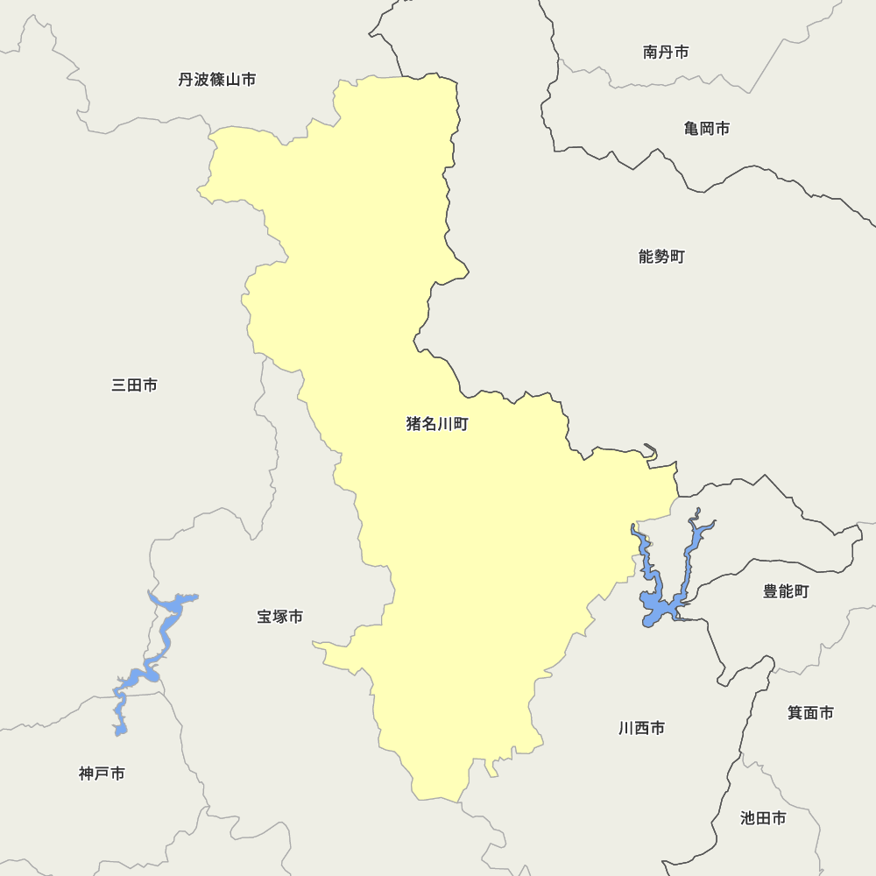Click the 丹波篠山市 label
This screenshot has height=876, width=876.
(x=217, y=80)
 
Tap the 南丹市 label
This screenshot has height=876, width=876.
(x=666, y=53)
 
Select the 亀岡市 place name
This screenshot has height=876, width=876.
(x=707, y=129)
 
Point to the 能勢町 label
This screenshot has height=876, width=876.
(x=661, y=257)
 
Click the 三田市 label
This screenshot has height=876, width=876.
(x=135, y=385)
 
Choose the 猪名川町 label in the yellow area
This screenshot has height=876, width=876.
(x=437, y=425)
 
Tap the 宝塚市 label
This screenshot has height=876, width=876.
(x=280, y=617)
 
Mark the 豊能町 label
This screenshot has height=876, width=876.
(x=786, y=591)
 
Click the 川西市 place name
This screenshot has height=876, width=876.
(x=641, y=728)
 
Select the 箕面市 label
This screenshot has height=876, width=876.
(x=810, y=713)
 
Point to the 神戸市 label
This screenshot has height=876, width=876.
(x=102, y=774)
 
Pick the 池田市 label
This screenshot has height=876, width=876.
(x=763, y=818)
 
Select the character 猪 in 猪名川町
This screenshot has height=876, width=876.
(x=413, y=425)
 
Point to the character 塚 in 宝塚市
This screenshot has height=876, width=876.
(x=280, y=617)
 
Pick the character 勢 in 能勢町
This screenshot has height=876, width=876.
(x=661, y=257)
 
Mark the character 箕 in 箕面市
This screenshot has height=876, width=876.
(x=795, y=713)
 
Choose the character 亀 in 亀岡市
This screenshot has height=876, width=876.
(x=692, y=129)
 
